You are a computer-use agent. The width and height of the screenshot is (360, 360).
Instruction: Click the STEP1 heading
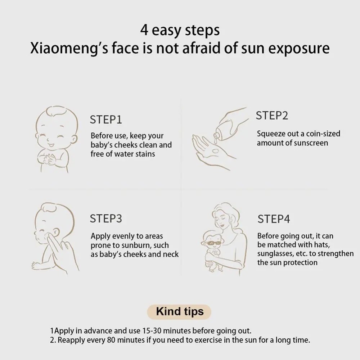click(105, 120)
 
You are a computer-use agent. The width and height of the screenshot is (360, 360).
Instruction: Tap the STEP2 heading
click(272, 116)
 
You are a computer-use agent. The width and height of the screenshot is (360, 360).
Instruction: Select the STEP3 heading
click(105, 219)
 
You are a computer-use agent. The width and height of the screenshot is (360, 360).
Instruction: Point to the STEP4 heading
click(274, 219)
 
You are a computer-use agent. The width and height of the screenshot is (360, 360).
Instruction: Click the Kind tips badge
click(179, 311)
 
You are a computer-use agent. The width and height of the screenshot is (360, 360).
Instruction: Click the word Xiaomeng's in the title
click(69, 49)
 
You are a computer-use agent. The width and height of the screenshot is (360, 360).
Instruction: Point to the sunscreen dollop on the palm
click(215, 151)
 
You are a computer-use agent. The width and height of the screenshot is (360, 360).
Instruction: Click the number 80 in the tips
click(112, 340)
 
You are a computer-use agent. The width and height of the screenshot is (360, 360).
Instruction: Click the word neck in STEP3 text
click(171, 255)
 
